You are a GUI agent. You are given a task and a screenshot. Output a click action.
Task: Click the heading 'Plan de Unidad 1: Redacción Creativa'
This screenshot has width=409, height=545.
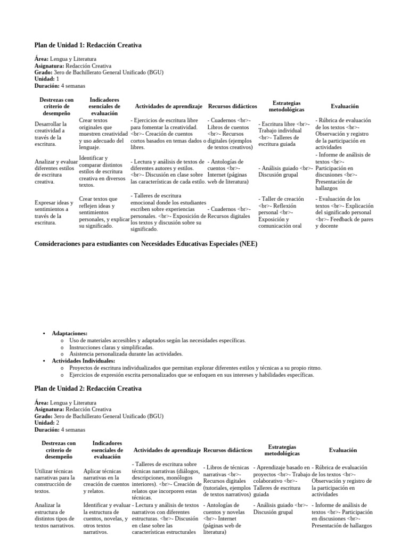(88, 45)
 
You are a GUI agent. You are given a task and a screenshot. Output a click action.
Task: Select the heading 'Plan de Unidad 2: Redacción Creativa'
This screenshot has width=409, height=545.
(88, 389)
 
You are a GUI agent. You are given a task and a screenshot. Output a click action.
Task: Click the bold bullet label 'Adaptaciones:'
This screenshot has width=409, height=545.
(70, 333)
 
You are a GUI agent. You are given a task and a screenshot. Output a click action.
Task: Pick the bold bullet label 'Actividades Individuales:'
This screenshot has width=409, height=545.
(83, 361)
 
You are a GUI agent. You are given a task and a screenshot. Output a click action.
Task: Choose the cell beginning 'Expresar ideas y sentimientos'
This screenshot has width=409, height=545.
(53, 212)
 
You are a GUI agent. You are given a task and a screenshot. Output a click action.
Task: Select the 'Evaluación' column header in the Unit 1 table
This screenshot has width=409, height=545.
(344, 106)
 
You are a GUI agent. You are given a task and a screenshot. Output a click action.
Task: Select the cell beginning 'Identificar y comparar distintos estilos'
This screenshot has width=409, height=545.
(103, 171)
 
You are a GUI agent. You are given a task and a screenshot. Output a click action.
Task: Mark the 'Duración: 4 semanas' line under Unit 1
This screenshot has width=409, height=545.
(60, 86)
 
